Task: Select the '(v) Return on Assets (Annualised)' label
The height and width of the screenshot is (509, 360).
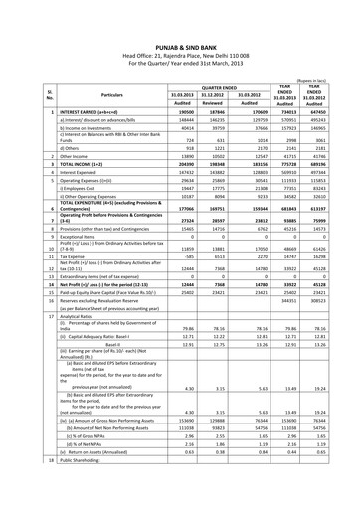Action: click(86, 480)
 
